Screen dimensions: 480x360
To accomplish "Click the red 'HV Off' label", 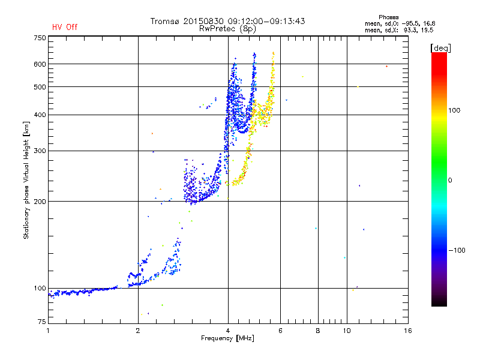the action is click(65, 27).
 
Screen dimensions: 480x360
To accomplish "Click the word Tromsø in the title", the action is click(164, 21).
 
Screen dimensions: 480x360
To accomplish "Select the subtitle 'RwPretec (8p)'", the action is click(227, 29).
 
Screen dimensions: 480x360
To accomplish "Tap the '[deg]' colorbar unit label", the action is click(440, 48).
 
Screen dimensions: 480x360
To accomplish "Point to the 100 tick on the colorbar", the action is click(454, 110).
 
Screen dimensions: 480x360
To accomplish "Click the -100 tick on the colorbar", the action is click(457, 250).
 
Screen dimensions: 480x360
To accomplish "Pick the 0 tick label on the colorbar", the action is click(450, 181).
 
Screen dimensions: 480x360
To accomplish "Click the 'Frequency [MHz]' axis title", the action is click(227, 338).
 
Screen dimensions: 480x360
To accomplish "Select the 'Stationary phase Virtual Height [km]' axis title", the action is click(26, 181).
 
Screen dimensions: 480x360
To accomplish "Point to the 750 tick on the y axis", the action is click(40, 38).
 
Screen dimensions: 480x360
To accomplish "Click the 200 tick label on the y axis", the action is click(40, 202).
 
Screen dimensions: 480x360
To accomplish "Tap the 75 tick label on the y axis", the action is click(41, 322).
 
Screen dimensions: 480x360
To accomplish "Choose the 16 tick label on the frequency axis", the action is click(408, 331).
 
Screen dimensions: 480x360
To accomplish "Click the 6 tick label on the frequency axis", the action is click(280, 331).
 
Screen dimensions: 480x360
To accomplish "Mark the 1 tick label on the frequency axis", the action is click(48, 331).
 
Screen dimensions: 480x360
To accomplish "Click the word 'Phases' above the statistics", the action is click(388, 17).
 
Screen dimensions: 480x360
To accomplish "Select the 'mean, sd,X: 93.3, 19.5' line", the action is click(399, 31).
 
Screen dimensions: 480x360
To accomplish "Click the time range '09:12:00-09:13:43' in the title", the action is click(266, 21).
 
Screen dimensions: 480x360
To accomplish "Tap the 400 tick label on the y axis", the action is click(40, 115).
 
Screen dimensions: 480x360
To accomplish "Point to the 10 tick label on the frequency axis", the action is click(347, 331).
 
